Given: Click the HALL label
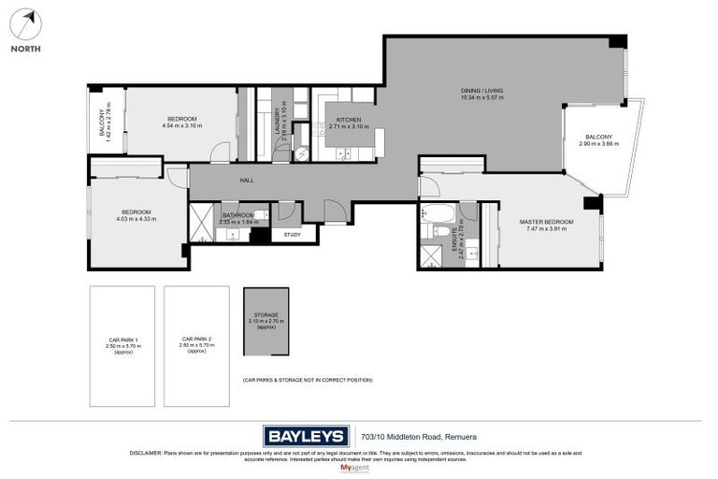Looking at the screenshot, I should [247, 181].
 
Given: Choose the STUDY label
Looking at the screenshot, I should [292, 234].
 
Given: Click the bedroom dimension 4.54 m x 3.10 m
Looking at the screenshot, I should [181, 126].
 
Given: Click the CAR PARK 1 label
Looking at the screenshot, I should [122, 339].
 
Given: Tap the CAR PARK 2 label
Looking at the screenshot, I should [196, 339].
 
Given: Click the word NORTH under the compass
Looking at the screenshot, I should [25, 50].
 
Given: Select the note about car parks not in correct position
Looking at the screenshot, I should [307, 380].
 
